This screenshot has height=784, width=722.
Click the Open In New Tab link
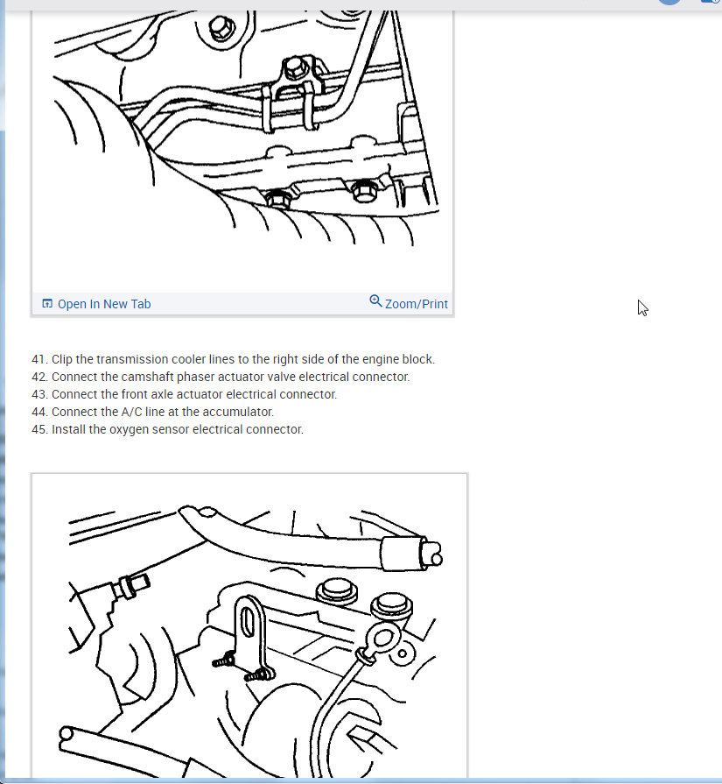104,304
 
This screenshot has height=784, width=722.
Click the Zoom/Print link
417,304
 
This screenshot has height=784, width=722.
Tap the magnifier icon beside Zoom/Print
375,301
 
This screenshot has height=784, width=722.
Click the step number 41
39,359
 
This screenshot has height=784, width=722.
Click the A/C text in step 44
132,412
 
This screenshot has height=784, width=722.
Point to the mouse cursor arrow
642,308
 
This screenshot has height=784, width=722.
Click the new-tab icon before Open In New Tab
47,303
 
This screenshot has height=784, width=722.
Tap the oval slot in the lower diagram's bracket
248,621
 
